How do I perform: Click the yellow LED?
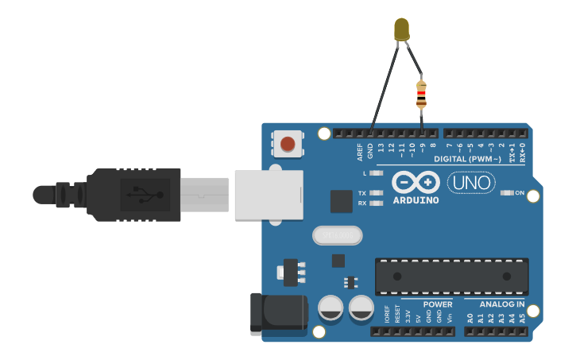click(402, 30)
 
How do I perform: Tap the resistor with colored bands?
click(421, 95)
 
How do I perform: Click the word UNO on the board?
click(471, 184)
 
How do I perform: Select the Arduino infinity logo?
click(416, 183)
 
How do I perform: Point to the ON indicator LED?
click(507, 193)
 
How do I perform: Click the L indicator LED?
click(377, 172)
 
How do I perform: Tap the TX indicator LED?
click(377, 193)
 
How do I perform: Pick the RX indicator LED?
click(377, 203)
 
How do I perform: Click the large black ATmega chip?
click(451, 276)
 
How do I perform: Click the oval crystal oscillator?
click(337, 235)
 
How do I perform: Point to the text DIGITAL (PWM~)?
click(467, 160)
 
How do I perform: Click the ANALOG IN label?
click(501, 304)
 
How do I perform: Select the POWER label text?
click(437, 304)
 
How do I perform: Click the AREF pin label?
click(360, 152)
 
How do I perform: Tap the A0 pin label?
click(470, 317)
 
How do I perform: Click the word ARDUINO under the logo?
click(416, 200)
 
